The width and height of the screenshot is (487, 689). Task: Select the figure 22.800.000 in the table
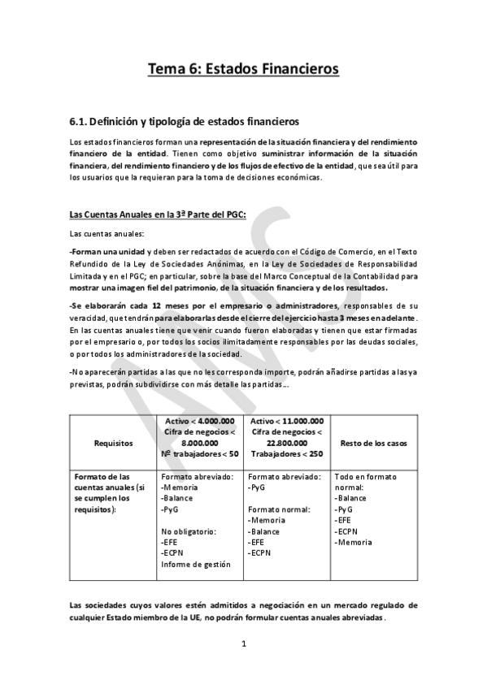click(x=288, y=442)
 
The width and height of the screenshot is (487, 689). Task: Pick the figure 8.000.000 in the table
click(x=200, y=442)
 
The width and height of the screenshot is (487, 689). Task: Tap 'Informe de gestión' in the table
click(x=195, y=564)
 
